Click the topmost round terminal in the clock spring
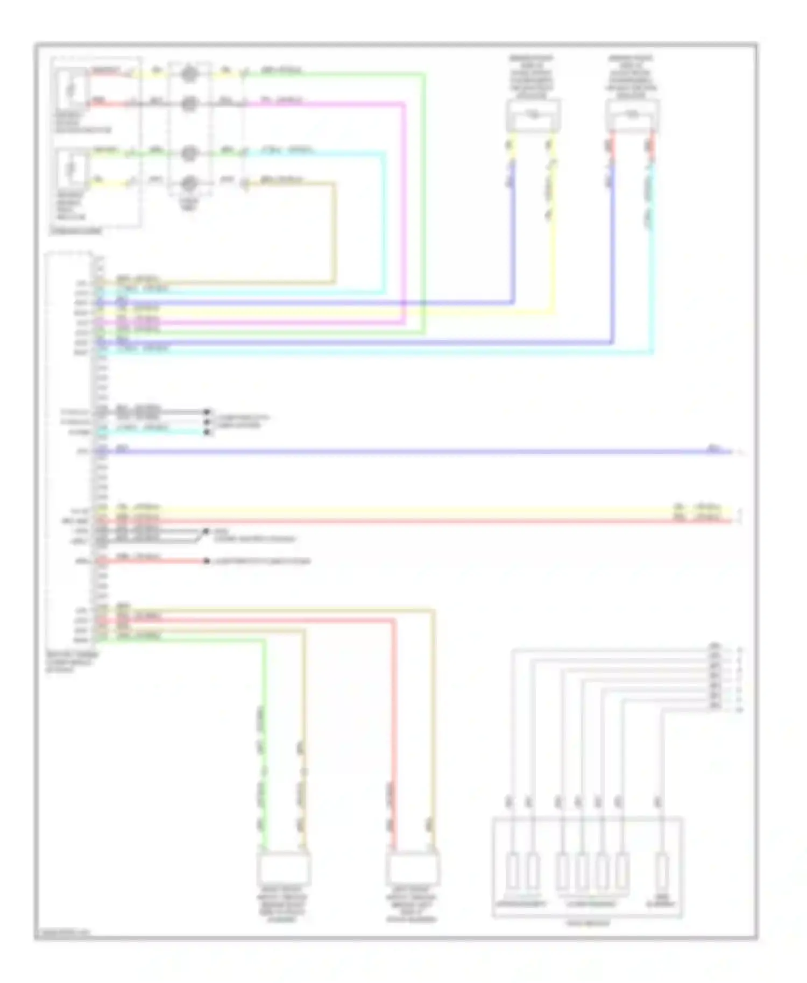pyautogui.click(x=189, y=74)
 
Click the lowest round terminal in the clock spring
pyautogui.click(x=189, y=184)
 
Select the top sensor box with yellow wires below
pyautogui.click(x=533, y=115)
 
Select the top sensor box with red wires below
pyautogui.click(x=632, y=115)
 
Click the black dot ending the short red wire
pyautogui.click(x=206, y=561)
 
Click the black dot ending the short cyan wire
pyautogui.click(x=207, y=431)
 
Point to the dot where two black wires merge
pyautogui.click(x=205, y=532)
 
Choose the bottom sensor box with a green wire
pyautogui.click(x=284, y=868)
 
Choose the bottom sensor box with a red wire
pyautogui.click(x=413, y=868)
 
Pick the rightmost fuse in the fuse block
pyautogui.click(x=664, y=872)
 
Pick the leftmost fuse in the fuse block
pyautogui.click(x=513, y=872)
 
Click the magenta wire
pyautogui.click(x=404, y=215)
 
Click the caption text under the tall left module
pyautogui.click(x=72, y=663)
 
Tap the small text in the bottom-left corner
pyautogui.click(x=62, y=932)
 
